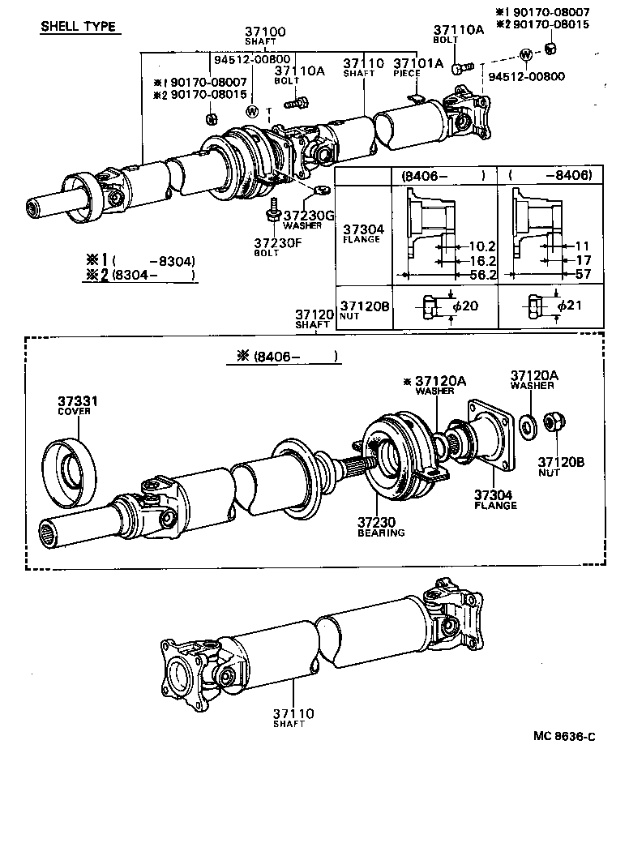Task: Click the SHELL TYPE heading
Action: coord(79,27)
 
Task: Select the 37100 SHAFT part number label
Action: coord(266,36)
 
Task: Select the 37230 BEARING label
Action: coord(381,528)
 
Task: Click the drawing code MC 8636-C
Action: coord(564,737)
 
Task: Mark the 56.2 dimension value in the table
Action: coord(481,276)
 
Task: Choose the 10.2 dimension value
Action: coord(481,246)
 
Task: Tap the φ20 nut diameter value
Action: coord(467,306)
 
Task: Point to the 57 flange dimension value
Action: coord(581,276)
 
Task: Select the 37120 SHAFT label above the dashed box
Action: coord(312,318)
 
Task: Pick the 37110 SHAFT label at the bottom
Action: coord(293,717)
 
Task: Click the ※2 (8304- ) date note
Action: coord(142,276)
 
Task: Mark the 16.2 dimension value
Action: coord(481,261)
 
